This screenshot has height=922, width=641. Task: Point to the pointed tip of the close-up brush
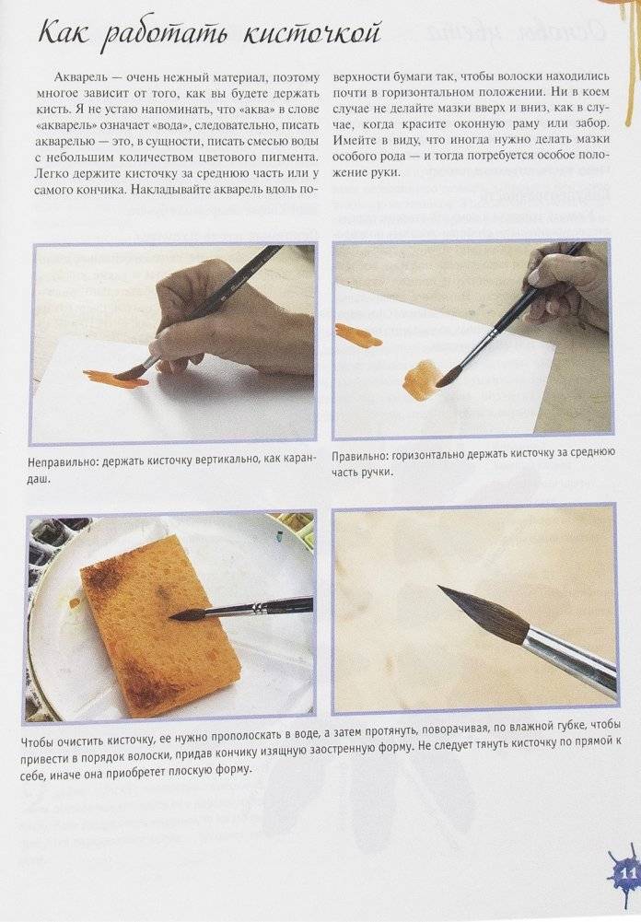coord(440,587)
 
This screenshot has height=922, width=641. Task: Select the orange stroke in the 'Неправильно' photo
coord(115,378)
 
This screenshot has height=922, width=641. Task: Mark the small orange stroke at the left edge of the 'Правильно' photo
coord(356,334)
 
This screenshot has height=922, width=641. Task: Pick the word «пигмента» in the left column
coord(292,158)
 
